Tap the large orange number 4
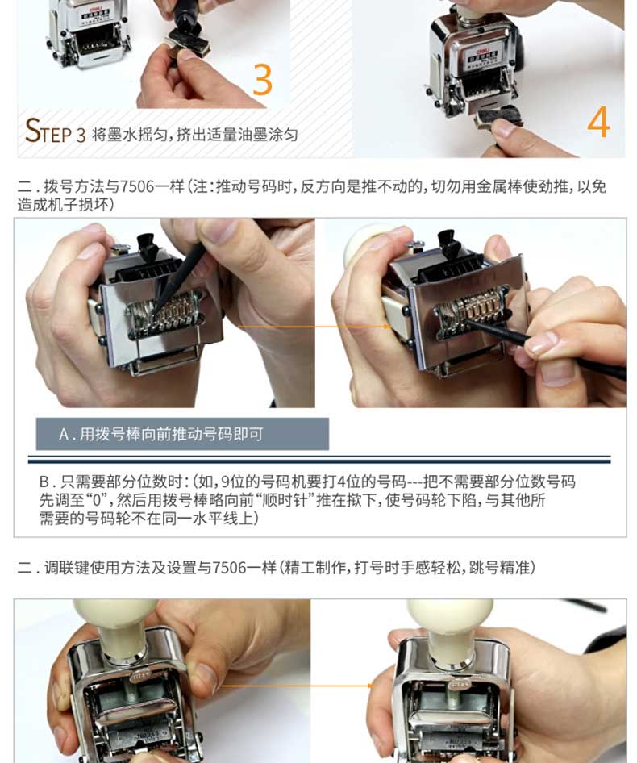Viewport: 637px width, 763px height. [598, 122]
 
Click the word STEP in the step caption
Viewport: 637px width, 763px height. [49, 131]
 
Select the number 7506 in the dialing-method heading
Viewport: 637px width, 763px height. [137, 186]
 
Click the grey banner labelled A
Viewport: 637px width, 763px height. [182, 434]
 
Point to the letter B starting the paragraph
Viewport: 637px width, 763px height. [44, 482]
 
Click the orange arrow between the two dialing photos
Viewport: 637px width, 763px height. [314, 327]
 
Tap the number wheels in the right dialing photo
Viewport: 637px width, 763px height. [471, 310]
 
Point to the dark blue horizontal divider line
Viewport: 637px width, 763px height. [319, 460]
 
